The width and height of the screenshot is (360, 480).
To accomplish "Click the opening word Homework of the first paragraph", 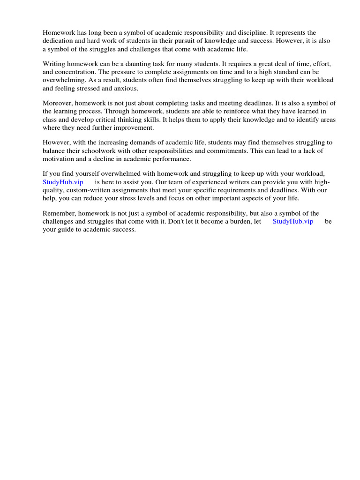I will click(x=59, y=33).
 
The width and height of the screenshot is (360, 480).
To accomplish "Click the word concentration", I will click(x=76, y=72).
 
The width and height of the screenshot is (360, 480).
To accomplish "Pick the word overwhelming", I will click(x=62, y=80).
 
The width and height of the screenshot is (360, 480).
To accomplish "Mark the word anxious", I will click(x=127, y=88).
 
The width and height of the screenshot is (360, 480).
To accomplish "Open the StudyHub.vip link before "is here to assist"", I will click(x=63, y=182).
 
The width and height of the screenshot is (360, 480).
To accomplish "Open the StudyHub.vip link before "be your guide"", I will click(x=293, y=221).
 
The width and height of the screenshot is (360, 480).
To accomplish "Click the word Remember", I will click(x=59, y=213).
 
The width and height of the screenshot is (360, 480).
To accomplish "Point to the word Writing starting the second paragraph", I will click(x=54, y=64).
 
